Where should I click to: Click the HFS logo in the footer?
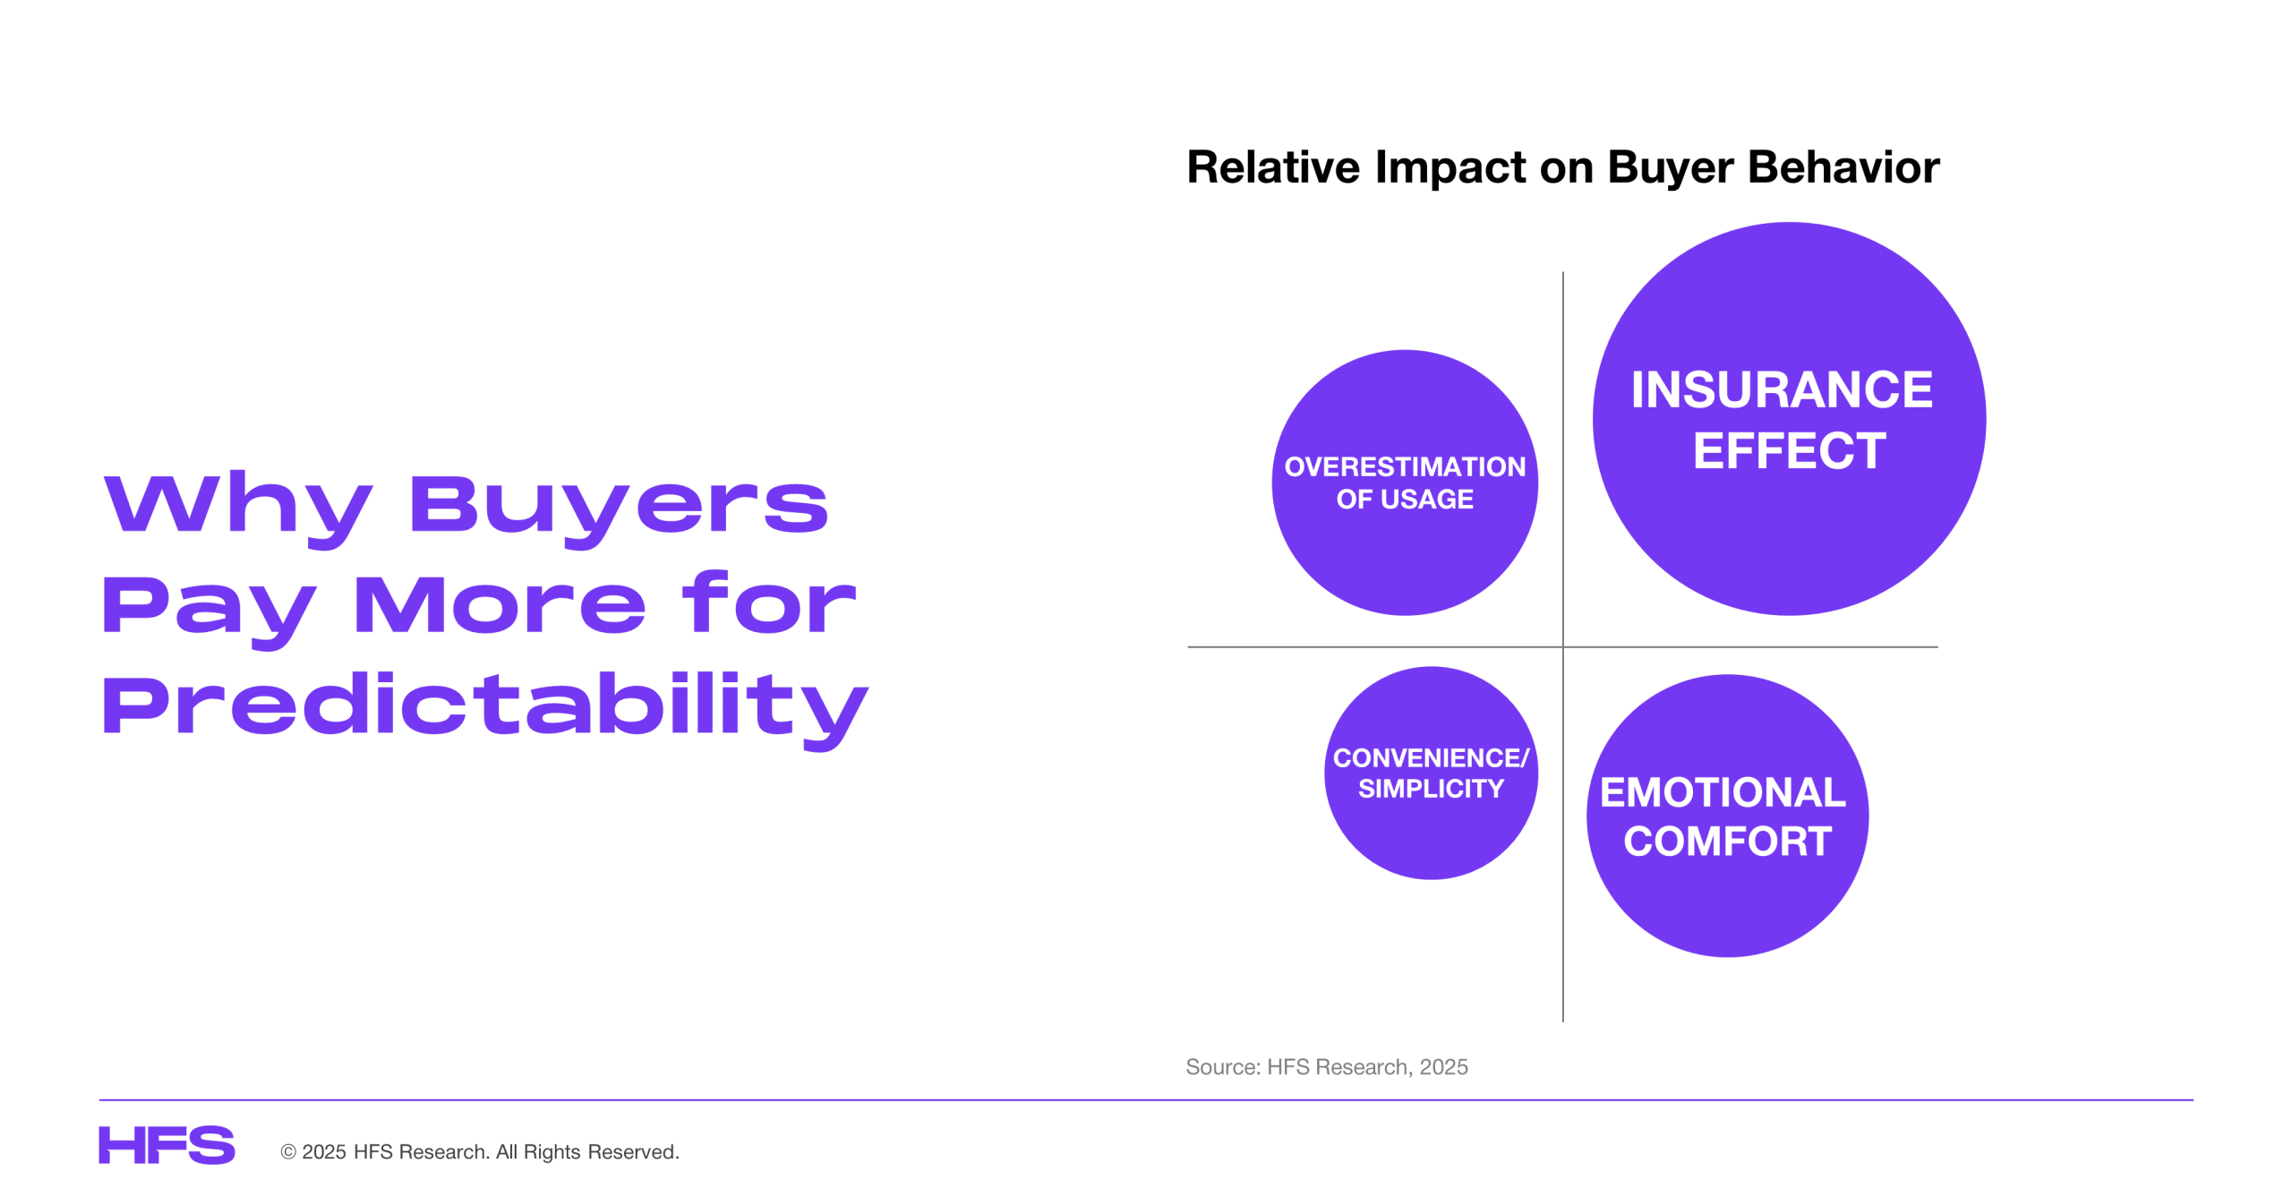pos(167,1145)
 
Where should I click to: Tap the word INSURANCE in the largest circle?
pos(1782,389)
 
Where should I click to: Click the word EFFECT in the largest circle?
pos(1789,450)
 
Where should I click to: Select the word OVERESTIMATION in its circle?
pos(1405,466)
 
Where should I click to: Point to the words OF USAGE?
pos(1405,499)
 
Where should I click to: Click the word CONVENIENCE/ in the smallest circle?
pos(1431,758)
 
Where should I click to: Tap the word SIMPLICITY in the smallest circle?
pos(1431,789)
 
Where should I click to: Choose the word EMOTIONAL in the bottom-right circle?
pos(1723,792)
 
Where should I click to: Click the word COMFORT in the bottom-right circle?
pos(1727,842)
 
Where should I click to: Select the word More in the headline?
pos(500,605)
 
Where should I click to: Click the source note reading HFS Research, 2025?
pos(1367,1067)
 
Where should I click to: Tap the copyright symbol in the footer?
pos(288,1152)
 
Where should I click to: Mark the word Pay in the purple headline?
pos(210,610)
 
